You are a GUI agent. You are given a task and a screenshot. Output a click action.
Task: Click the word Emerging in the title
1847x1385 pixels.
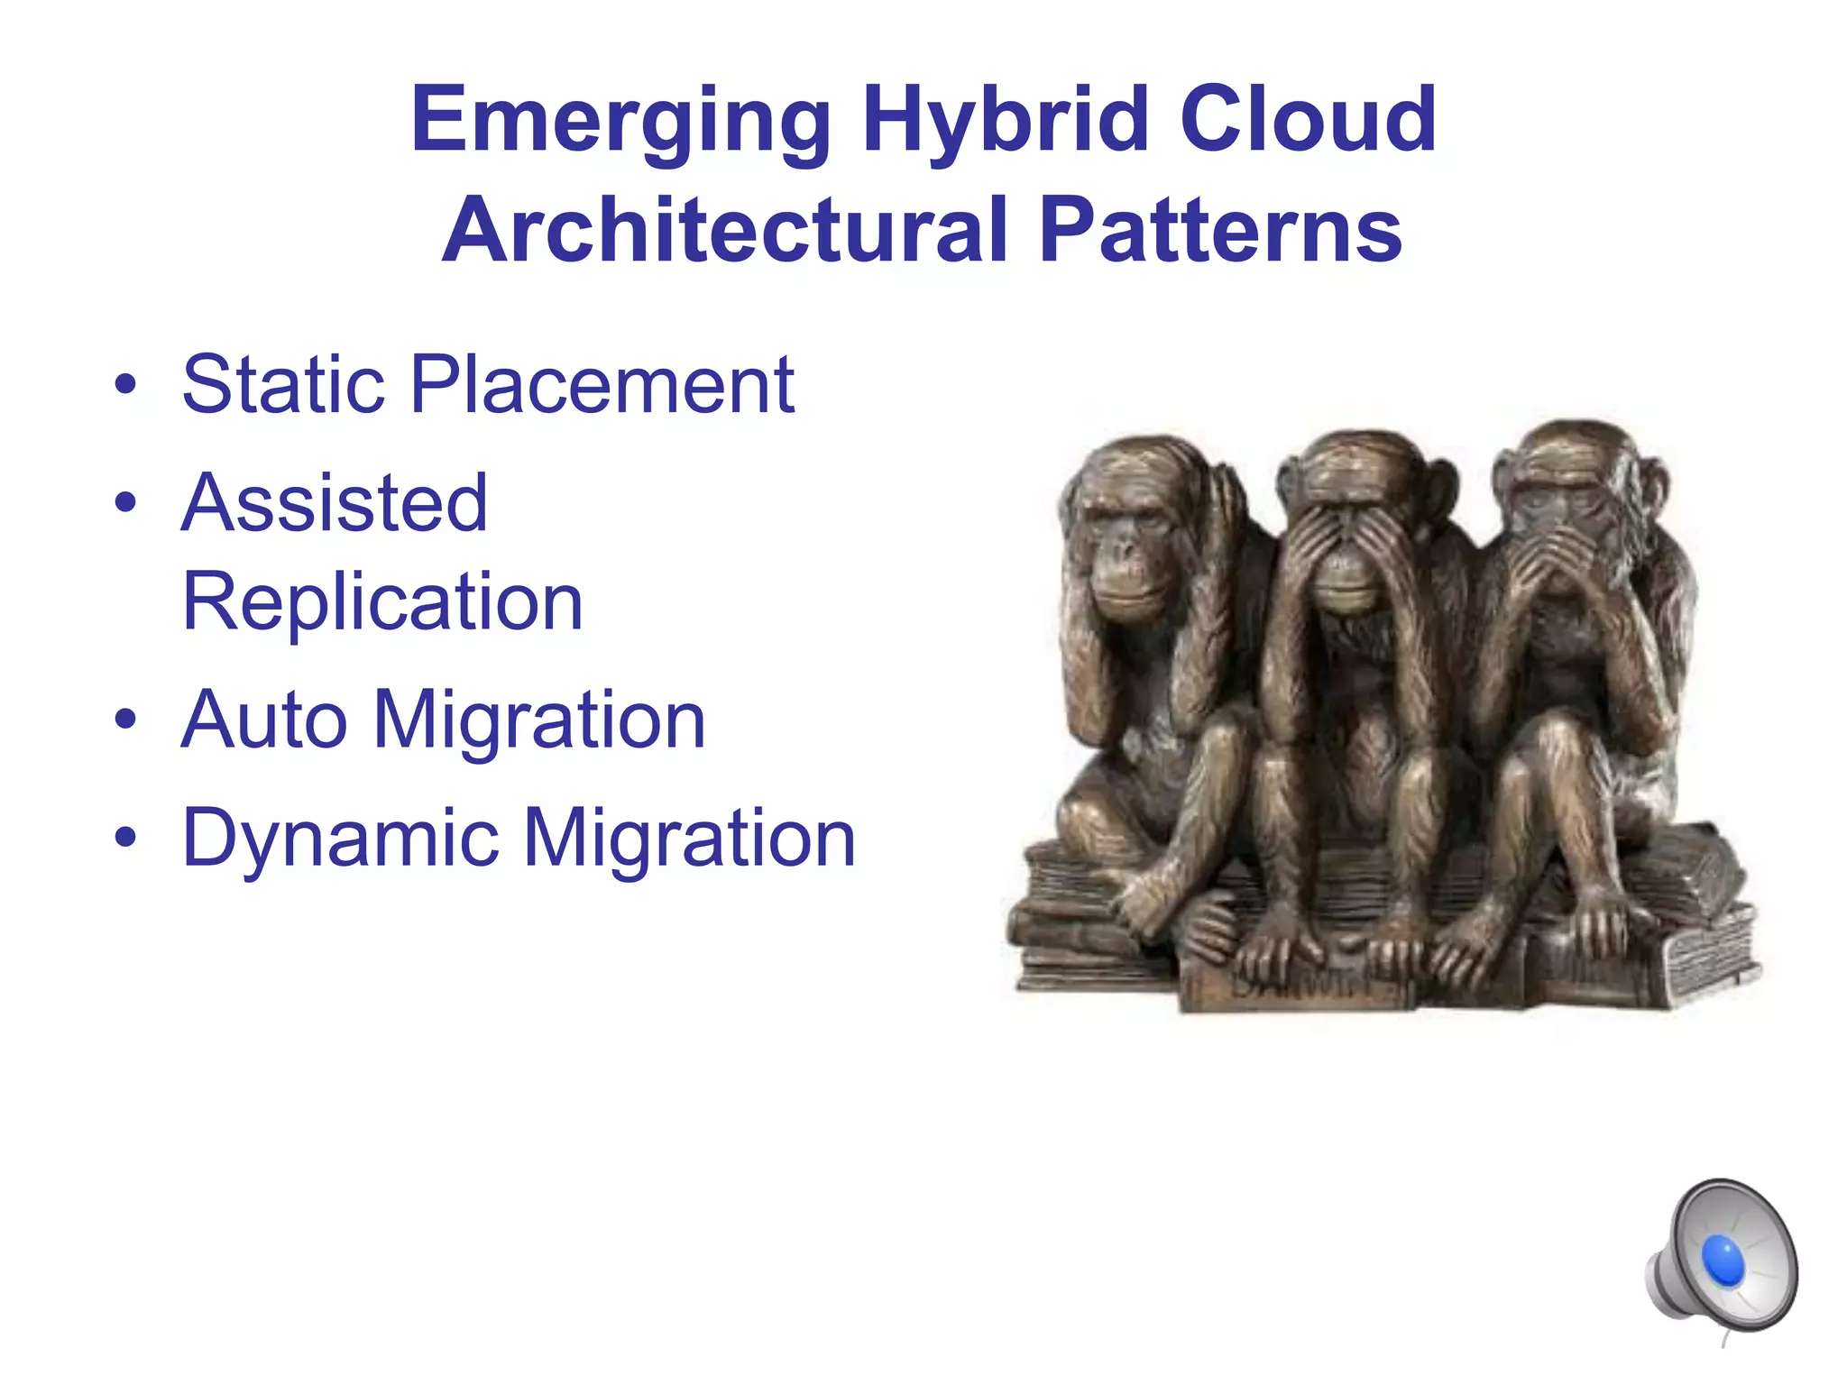(620, 121)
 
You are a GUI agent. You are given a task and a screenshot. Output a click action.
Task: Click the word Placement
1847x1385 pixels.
(602, 384)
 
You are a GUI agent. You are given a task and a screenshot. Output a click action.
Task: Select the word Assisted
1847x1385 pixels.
(335, 502)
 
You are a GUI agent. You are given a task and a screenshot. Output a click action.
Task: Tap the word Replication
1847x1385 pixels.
(382, 601)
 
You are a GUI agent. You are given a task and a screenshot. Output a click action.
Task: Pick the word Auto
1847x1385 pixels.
(264, 720)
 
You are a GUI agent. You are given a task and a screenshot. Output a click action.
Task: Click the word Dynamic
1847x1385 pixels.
(340, 839)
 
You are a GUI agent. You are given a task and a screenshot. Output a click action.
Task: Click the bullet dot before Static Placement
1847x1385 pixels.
(125, 386)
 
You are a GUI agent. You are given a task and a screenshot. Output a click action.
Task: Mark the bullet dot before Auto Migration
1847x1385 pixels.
(125, 720)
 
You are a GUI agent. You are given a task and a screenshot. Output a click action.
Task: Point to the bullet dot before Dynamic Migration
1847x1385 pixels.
(125, 839)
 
